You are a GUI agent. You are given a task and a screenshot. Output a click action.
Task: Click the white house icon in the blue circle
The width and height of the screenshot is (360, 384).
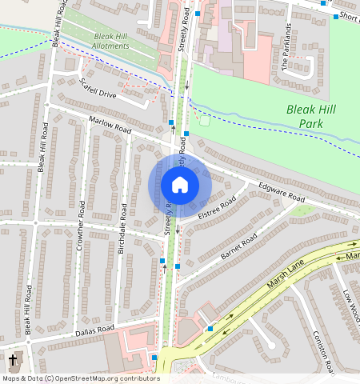click(180, 185)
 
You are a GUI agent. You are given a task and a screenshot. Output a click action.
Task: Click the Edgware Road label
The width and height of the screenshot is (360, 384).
click(282, 193)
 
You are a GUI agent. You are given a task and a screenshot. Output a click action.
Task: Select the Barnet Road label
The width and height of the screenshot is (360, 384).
click(238, 248)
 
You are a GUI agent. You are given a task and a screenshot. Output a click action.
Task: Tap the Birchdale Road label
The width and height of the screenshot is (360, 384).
click(122, 234)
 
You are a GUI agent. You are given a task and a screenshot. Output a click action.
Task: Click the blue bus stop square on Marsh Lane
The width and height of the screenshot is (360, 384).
click(210, 328)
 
